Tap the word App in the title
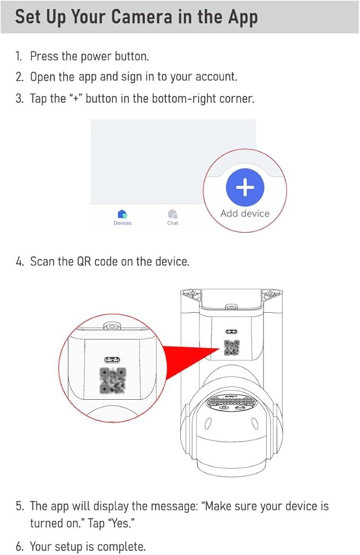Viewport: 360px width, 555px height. coord(242,16)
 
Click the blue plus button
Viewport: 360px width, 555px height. coord(245,187)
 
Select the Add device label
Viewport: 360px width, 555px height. coord(245,214)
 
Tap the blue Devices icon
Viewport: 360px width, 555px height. coord(122,214)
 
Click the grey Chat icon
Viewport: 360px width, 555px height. coord(172,214)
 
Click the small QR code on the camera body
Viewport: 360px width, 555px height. coord(232,348)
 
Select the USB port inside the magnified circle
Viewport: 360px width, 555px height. coord(112,357)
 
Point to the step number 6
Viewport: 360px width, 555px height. coord(19,547)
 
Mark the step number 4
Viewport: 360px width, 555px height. coord(20,261)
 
